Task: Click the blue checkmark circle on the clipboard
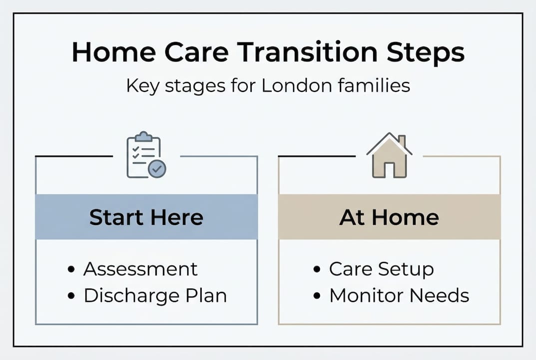click(x=157, y=169)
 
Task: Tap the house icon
click(x=389, y=155)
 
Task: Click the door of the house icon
click(x=389, y=169)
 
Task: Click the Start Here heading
click(x=146, y=217)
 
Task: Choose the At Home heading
click(x=389, y=217)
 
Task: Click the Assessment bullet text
click(x=140, y=269)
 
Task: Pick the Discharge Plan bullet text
click(x=155, y=295)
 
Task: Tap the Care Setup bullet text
click(x=381, y=269)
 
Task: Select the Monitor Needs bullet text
click(x=399, y=295)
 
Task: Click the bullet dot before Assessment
click(x=71, y=270)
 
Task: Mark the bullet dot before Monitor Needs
click(x=317, y=296)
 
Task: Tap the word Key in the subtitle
click(x=141, y=85)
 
